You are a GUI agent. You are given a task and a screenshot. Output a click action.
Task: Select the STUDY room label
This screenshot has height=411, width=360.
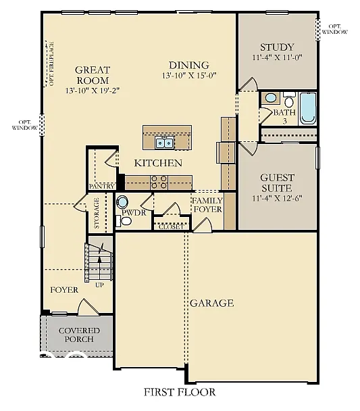(x=277, y=47)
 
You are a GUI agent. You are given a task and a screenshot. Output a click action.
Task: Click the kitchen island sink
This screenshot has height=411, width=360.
(x=163, y=142)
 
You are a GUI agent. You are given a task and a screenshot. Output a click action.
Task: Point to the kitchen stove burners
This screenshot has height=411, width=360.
(x=159, y=181)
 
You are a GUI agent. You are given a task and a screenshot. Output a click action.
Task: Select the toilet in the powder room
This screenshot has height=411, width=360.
(x=124, y=202)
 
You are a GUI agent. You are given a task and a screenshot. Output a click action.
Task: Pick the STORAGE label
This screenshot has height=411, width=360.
(x=97, y=213)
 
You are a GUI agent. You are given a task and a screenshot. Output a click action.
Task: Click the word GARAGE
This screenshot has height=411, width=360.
(x=211, y=303)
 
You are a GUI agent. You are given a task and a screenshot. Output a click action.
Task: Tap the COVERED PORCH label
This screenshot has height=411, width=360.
(x=79, y=335)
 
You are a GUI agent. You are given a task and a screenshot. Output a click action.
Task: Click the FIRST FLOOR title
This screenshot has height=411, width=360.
(x=180, y=391)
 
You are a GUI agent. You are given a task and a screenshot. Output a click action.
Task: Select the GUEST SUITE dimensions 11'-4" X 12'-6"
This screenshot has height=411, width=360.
(x=278, y=199)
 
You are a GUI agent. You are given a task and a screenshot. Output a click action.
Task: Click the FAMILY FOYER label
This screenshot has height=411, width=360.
(x=207, y=205)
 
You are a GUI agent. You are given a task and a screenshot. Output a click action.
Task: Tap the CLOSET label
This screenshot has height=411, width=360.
(x=170, y=227)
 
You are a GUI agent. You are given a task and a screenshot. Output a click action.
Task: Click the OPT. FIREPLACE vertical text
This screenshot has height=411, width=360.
(x=51, y=64)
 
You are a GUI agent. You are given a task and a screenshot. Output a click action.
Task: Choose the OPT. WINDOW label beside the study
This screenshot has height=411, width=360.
(x=335, y=28)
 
